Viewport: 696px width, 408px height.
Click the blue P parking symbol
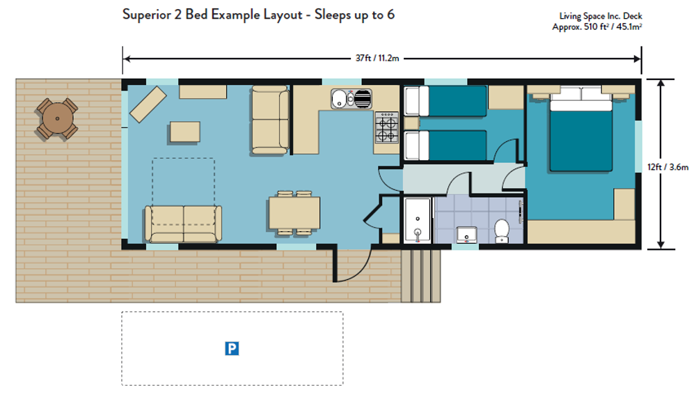pos(232,349)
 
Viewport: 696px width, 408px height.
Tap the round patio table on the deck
pos(57,118)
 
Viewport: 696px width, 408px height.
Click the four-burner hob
pos(386,127)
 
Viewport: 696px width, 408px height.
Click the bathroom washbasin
pos(466,235)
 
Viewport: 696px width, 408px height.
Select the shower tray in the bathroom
pos(417,221)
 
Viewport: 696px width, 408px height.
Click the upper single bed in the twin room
pos(445,102)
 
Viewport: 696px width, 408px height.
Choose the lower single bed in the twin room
pos(445,146)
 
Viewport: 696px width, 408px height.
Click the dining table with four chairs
pos(294,213)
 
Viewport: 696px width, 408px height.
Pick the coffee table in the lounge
pos(184,132)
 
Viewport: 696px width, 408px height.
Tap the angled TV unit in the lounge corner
pos(148,104)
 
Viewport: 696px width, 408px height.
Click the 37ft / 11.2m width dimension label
pos(377,58)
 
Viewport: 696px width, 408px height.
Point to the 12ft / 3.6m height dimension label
pos(667,167)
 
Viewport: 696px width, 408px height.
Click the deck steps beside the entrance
pos(421,276)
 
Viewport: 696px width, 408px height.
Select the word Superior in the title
pos(146,15)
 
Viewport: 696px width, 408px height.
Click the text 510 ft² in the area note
pos(596,26)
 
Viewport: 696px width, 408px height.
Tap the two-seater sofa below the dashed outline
pos(183,223)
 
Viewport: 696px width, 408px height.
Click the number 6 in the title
pos(390,15)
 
